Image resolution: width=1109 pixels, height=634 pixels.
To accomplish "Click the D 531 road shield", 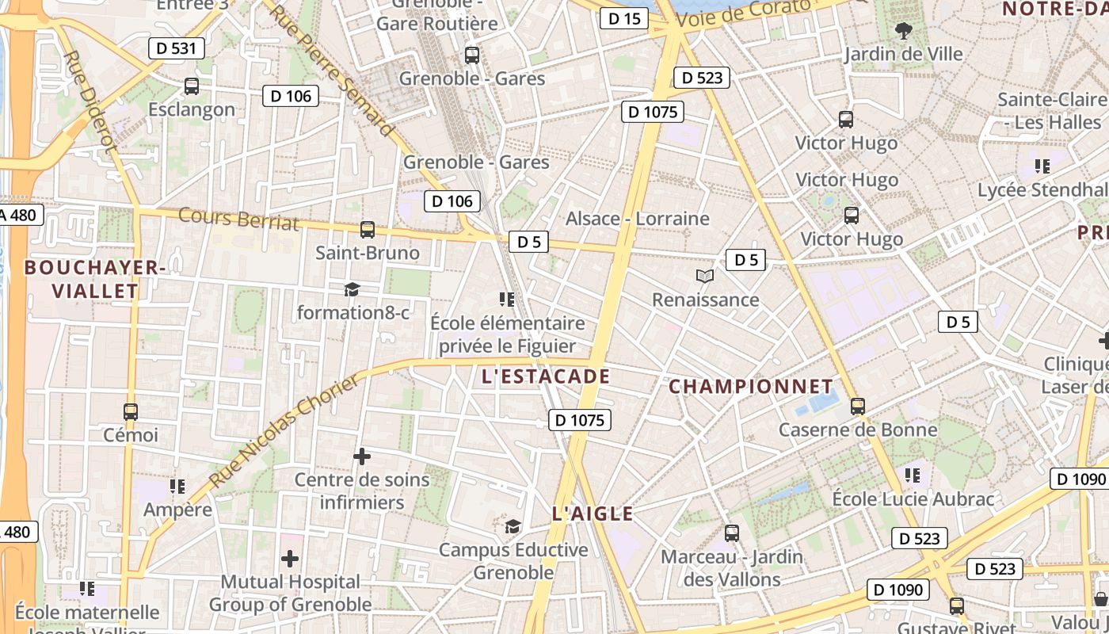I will (177, 48).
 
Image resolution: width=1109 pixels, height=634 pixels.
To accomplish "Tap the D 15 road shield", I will (624, 18).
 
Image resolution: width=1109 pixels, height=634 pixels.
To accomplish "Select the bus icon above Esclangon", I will (191, 86).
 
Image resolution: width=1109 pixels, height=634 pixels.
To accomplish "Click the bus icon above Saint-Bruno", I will (367, 230).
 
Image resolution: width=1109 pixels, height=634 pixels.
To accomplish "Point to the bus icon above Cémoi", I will (131, 412).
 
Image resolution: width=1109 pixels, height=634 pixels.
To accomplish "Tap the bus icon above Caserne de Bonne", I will (857, 407).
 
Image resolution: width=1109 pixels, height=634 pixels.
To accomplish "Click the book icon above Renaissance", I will (705, 276).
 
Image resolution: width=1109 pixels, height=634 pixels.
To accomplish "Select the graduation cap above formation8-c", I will (352, 290).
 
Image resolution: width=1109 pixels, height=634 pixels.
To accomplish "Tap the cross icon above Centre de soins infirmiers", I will (362, 456).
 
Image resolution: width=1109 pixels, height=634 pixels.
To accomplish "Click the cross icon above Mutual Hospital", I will (290, 559).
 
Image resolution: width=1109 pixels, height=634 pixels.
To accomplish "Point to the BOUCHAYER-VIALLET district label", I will (95, 279).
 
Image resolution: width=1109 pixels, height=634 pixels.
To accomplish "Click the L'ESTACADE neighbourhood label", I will (546, 376).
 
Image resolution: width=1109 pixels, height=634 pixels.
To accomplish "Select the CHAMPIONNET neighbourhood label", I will (751, 387).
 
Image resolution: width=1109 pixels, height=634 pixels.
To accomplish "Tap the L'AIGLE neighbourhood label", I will (593, 514).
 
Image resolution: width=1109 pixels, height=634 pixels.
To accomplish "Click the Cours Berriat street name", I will (239, 218).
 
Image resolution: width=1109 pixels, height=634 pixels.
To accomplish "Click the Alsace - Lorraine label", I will (638, 218).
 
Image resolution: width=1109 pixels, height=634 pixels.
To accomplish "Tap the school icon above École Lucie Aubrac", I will (913, 475).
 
